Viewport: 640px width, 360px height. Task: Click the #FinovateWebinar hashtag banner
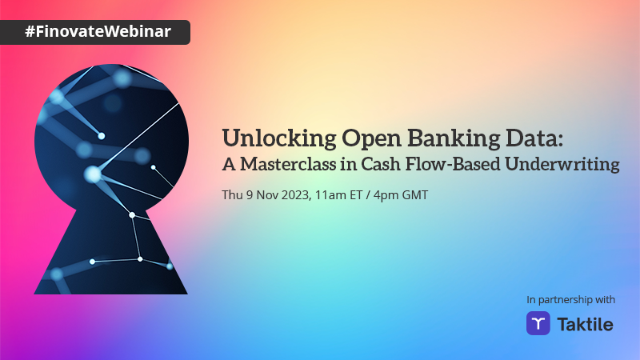click(95, 32)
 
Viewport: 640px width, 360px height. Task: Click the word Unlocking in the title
click(269, 138)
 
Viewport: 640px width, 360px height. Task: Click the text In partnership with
click(570, 299)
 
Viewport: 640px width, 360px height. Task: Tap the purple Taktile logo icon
click(538, 323)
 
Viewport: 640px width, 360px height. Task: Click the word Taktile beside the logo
click(584, 323)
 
